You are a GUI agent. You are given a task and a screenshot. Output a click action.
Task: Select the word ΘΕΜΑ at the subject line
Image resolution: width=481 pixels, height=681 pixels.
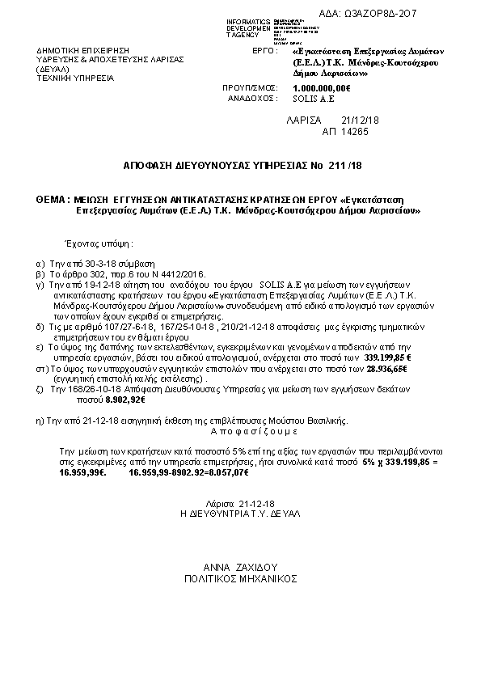tap(52, 198)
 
